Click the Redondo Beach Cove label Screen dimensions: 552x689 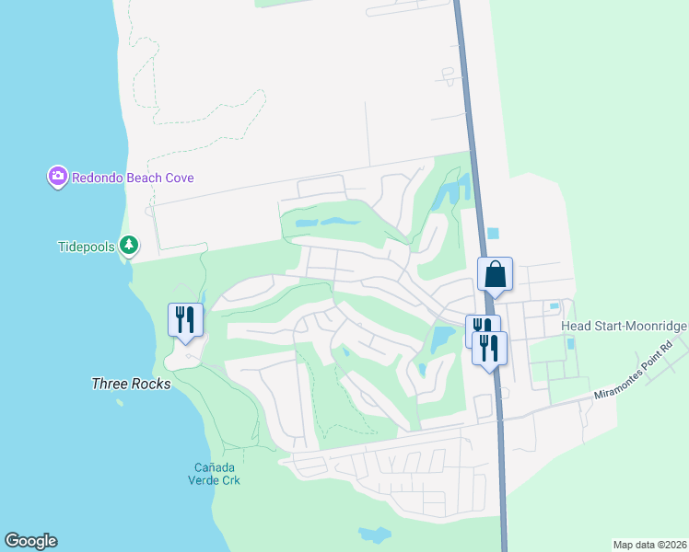pyautogui.click(x=133, y=178)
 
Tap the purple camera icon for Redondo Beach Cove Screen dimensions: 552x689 pyautogui.click(x=57, y=176)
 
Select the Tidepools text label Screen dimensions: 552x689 pyautogui.click(x=87, y=246)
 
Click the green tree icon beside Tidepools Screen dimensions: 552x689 pyautogui.click(x=130, y=246)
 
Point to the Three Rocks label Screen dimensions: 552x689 pyautogui.click(x=131, y=384)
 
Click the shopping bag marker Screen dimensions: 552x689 pyautogui.click(x=495, y=274)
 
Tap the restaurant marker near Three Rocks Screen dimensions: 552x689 pyautogui.click(x=185, y=320)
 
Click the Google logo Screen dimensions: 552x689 pyautogui.click(x=30, y=541)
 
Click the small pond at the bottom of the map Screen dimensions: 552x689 pyautogui.click(x=374, y=535)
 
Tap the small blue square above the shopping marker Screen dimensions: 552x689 pyautogui.click(x=491, y=233)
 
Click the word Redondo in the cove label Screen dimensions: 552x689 pyautogui.click(x=97, y=178)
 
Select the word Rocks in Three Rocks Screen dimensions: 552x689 pyautogui.click(x=151, y=384)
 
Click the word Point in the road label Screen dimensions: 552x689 pyautogui.click(x=658, y=354)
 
